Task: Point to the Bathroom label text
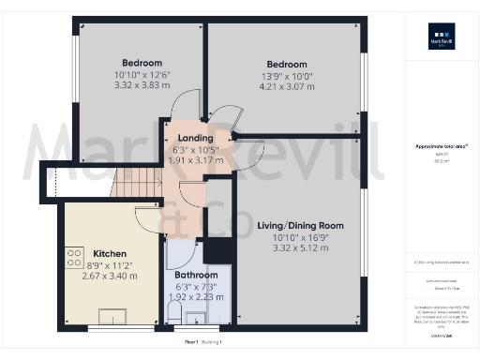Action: point(197,275)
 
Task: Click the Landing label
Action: point(196,138)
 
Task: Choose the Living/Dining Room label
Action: point(301,225)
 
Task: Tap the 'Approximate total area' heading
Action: point(440,146)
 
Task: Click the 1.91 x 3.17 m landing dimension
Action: point(196,160)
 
